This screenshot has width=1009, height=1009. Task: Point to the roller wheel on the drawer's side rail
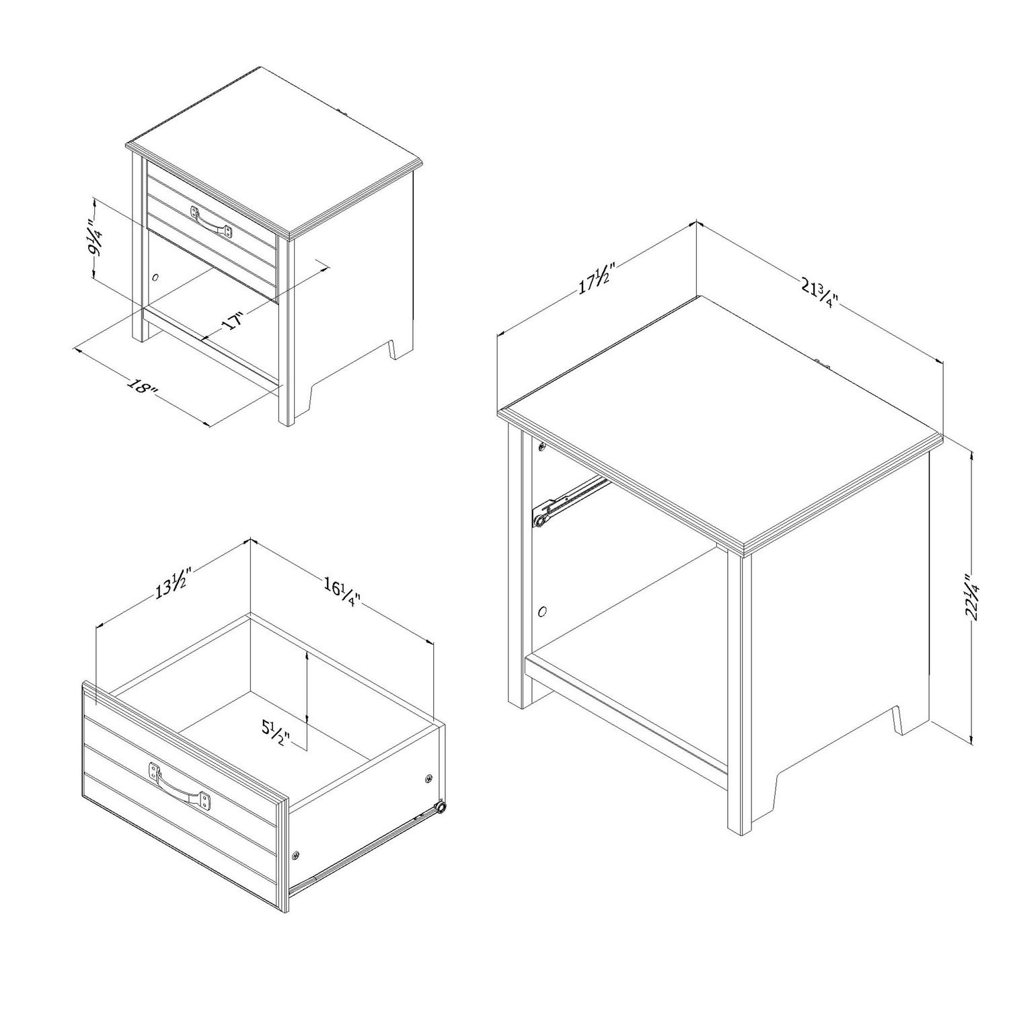click(441, 807)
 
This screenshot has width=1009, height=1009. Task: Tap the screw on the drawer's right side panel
click(428, 778)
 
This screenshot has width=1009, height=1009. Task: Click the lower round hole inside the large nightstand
click(543, 612)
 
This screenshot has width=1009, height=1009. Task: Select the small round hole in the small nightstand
click(155, 276)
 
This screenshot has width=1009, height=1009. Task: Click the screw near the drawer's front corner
click(296, 855)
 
